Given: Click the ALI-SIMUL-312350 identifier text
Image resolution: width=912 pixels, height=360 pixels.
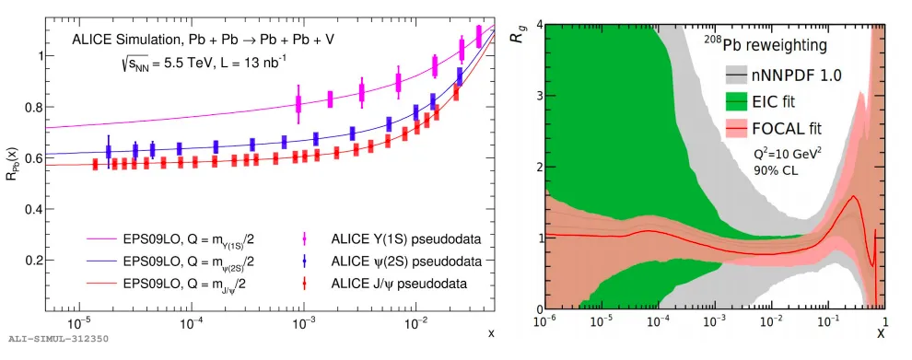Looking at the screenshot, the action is (58, 338).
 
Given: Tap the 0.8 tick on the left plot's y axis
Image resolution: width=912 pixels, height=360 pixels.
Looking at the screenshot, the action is (31, 108).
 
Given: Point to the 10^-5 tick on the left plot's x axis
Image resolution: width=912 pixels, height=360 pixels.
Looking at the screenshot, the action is (78, 321).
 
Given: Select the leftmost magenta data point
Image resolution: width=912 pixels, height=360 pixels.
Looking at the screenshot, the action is (299, 104).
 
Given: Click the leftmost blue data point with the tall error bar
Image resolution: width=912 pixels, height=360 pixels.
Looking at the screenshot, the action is (108, 152).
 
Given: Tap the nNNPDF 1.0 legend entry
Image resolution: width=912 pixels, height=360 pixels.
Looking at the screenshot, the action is (778, 75).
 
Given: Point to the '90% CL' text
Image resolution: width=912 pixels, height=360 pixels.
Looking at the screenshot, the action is (776, 171).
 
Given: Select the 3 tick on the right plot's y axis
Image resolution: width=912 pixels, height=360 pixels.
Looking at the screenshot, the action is (538, 96).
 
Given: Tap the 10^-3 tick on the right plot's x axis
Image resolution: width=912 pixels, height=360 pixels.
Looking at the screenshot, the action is (715, 321).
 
